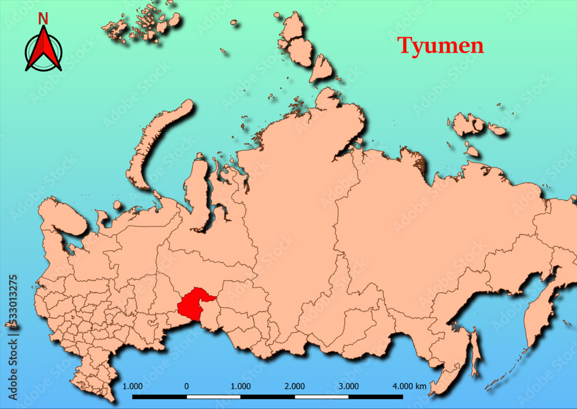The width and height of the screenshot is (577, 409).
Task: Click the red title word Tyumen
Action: (441, 46)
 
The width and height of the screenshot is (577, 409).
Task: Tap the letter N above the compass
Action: (43, 18)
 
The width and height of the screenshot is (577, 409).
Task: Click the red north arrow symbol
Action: (43, 50)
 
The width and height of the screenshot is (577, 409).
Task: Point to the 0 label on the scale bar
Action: (186, 386)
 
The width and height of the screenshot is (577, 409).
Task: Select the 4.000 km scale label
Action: (409, 386)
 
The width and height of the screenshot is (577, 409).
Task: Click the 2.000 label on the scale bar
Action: (295, 386)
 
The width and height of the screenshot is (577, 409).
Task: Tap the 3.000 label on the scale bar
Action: (349, 386)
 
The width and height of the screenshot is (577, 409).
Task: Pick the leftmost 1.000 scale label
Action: (133, 386)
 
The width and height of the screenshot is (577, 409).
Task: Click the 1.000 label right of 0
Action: (241, 386)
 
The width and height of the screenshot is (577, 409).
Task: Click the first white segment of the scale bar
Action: (213, 397)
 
